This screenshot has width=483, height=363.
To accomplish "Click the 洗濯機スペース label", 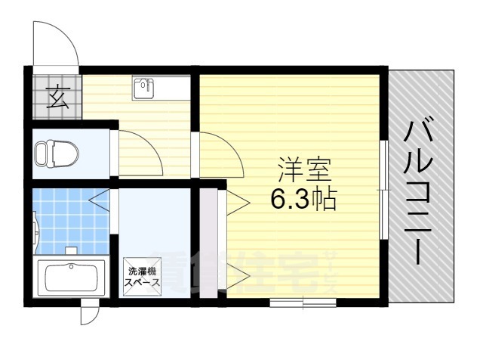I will click(x=143, y=276).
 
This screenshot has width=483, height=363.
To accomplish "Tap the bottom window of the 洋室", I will click(x=297, y=304).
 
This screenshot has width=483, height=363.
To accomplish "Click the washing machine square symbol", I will click(x=143, y=276).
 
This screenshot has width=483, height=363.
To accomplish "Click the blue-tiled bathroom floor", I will click(x=69, y=219).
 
